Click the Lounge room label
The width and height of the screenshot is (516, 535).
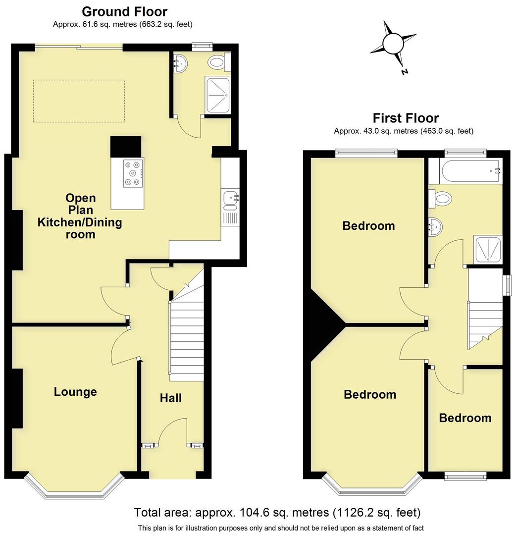tap(75, 392)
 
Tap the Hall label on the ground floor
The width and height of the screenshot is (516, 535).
tap(171, 398)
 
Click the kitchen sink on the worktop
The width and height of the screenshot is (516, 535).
tap(230, 198)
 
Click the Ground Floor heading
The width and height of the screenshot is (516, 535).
tap(124, 11)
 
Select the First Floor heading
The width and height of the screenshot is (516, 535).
tap(406, 118)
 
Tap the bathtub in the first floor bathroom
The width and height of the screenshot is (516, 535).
tap(465, 171)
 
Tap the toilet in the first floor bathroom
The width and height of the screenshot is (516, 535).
tap(442, 199)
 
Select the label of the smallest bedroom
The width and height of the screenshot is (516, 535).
tap(465, 418)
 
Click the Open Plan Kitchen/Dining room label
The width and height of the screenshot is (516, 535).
tap(80, 216)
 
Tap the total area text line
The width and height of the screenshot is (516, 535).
tap(277, 512)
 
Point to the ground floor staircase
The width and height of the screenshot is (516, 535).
tap(187, 337)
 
